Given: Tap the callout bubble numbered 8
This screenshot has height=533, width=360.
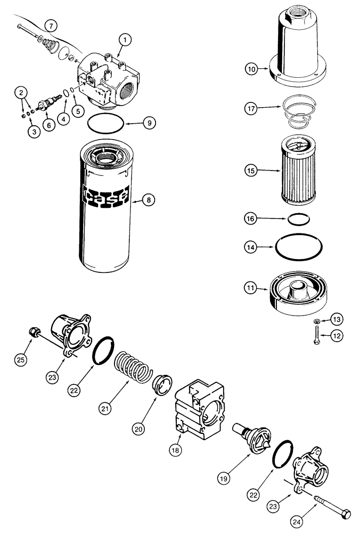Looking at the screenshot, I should point(149,200).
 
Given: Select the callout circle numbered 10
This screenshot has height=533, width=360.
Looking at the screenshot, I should point(251,68).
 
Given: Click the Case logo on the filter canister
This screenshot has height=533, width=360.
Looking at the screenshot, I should point(106,196).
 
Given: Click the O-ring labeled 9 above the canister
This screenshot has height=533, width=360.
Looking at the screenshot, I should point(107,123).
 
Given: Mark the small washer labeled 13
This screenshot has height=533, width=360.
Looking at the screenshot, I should point(316,320).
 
